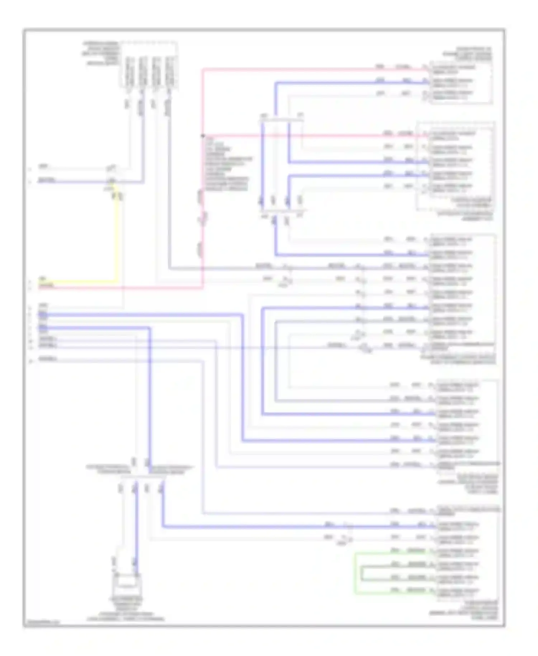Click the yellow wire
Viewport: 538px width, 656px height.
[117, 244]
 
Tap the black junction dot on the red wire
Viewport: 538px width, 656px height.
[203, 136]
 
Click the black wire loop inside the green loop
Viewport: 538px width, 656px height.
[362, 573]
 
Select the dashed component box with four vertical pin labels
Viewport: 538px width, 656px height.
[149, 65]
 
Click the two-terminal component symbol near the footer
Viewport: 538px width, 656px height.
[126, 586]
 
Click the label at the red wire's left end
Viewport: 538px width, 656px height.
[47, 286]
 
